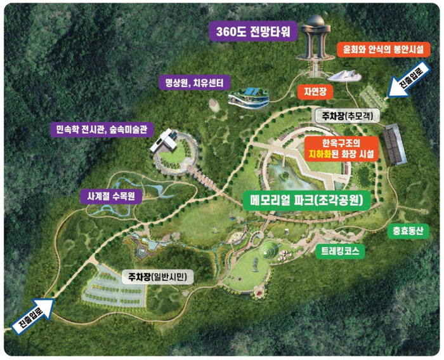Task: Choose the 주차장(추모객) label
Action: [x=346, y=116]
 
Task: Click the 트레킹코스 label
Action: [x=340, y=251]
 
